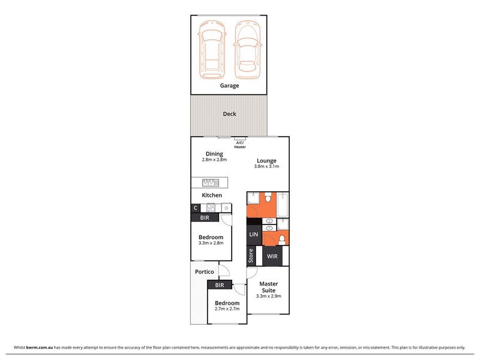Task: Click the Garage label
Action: click(229, 86)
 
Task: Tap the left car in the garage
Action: click(212, 49)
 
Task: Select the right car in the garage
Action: click(248, 49)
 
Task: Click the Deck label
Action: click(229, 114)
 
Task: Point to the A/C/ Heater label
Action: click(240, 145)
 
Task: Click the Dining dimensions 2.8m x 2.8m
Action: click(214, 160)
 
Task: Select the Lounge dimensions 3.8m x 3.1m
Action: click(266, 166)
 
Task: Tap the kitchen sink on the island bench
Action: click(211, 182)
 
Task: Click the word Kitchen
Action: click(212, 195)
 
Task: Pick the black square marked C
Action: click(196, 208)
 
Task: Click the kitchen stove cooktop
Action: click(211, 208)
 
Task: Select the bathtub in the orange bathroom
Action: click(283, 205)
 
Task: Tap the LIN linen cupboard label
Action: click(254, 235)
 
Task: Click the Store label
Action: click(251, 256)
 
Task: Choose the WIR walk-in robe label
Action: click(272, 256)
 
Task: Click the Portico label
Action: click(205, 272)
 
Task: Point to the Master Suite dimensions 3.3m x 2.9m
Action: click(268, 296)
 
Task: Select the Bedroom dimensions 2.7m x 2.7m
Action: click(227, 308)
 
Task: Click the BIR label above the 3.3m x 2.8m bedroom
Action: click(205, 218)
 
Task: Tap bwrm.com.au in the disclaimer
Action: click(40, 347)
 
